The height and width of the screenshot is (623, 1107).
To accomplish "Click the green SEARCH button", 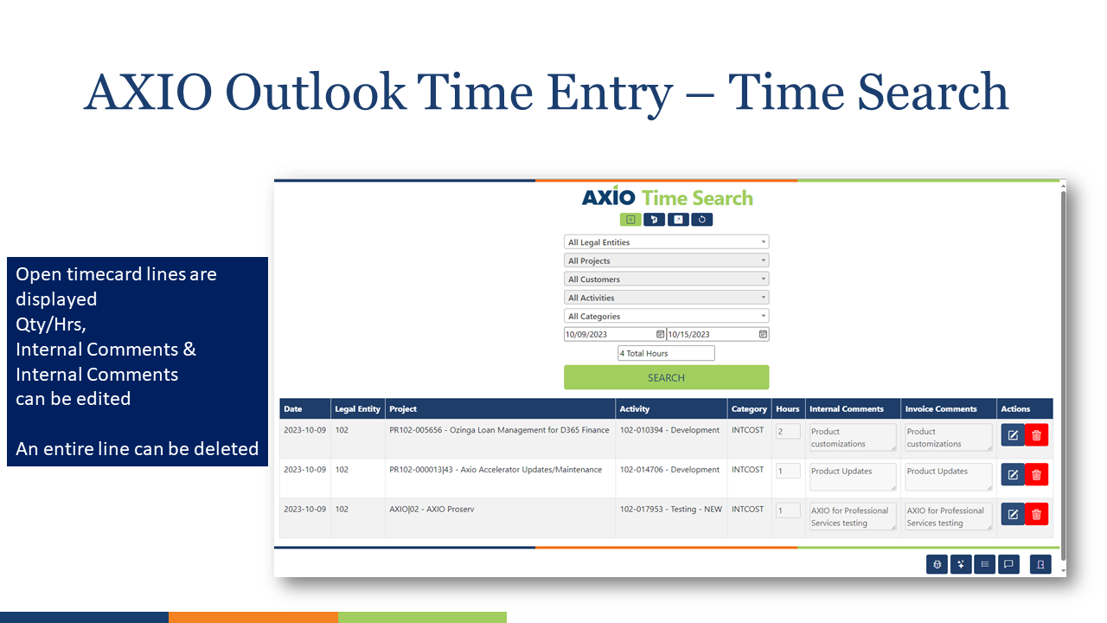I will click(x=666, y=377).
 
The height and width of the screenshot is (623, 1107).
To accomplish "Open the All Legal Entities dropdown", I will click(x=666, y=242).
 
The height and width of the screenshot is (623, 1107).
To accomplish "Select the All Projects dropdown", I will click(x=666, y=260).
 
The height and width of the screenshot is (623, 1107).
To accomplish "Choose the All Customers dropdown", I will click(x=666, y=279).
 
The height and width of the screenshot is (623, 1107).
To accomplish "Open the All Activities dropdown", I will click(x=666, y=298).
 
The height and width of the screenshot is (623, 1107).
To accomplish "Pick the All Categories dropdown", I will click(x=666, y=317).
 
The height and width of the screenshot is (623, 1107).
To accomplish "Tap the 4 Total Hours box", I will click(x=666, y=353).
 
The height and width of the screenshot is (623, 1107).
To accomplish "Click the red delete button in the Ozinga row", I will click(x=1036, y=435).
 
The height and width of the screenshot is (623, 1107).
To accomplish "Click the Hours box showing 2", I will click(x=787, y=431).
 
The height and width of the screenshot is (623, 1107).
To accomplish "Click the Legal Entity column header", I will click(x=357, y=409).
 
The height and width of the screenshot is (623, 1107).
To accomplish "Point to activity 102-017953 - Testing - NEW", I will click(x=670, y=510).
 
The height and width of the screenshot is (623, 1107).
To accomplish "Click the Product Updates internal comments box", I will click(x=852, y=477).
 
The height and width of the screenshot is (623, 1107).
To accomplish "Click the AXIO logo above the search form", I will click(x=608, y=197).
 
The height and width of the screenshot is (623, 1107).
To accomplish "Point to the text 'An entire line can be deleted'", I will click(x=138, y=449).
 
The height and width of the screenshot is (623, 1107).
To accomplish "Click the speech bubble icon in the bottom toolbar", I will click(x=1007, y=564).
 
